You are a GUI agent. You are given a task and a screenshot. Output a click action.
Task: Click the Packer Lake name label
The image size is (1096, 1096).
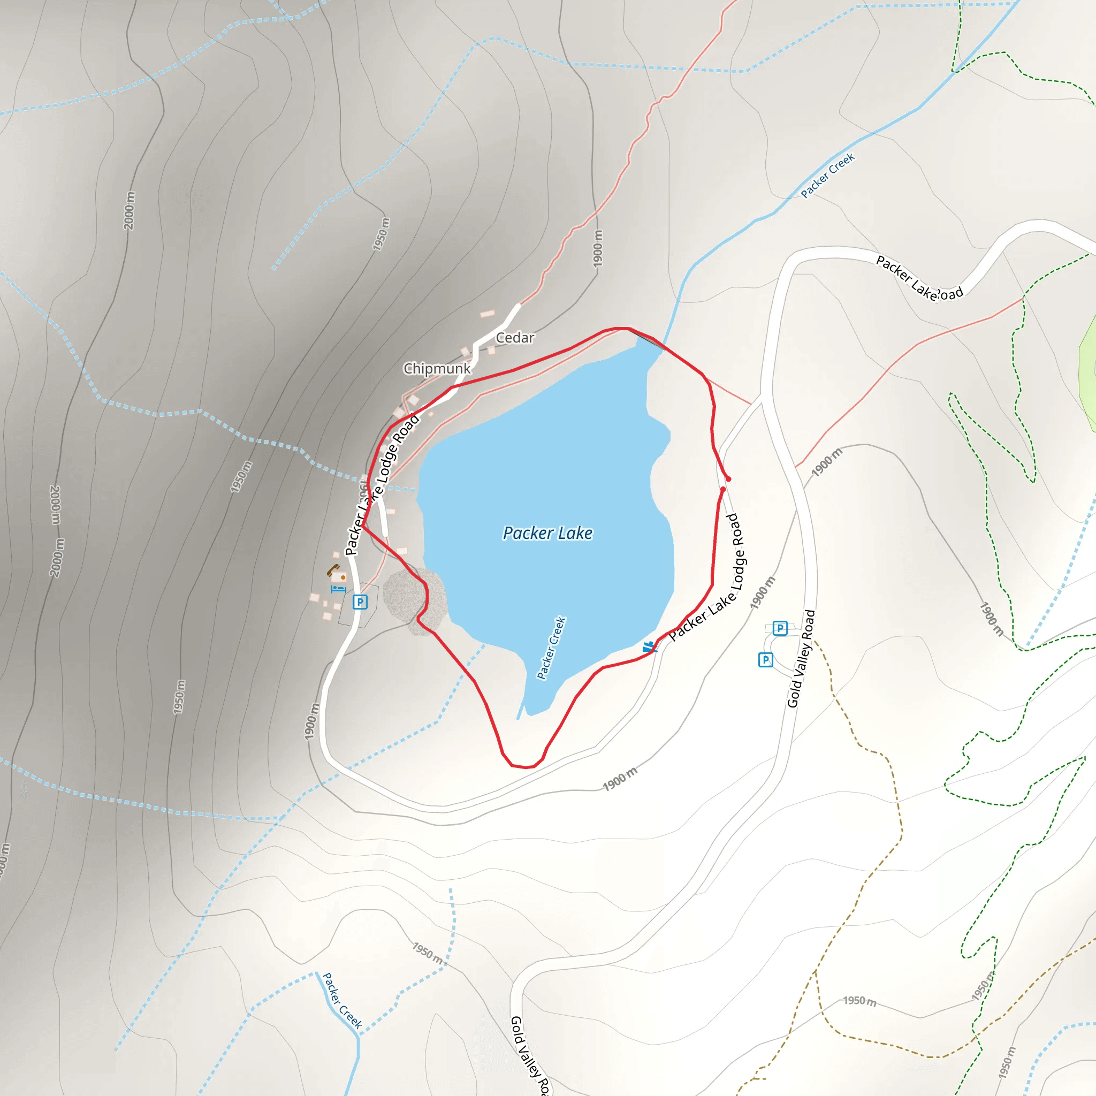(547, 533)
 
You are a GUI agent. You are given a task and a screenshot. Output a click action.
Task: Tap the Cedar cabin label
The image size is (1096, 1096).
(515, 338)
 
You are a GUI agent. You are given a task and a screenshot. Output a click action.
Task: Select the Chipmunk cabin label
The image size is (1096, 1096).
(437, 369)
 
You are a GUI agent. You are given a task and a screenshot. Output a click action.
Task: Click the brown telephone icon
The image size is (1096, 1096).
(332, 569)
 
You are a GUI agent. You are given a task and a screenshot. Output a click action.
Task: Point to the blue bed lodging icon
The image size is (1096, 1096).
(338, 589)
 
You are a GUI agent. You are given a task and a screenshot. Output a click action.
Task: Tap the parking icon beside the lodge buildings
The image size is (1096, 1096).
(360, 602)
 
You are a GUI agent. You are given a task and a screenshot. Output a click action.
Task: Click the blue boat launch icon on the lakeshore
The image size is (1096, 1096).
(649, 646)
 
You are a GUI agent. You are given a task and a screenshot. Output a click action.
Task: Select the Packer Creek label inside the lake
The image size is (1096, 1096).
(551, 648)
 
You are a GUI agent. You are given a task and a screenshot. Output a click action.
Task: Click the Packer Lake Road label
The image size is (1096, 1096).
(919, 278)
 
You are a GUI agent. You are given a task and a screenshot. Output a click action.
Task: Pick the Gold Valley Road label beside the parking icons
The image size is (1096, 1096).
(801, 659)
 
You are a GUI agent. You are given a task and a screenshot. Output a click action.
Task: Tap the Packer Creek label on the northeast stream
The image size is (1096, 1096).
(828, 176)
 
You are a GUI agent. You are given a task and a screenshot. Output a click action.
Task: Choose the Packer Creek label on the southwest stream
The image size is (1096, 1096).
(342, 1001)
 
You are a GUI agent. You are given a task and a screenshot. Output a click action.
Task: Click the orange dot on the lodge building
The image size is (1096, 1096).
(342, 577)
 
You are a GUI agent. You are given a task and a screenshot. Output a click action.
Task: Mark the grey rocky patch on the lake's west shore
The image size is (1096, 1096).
(414, 598)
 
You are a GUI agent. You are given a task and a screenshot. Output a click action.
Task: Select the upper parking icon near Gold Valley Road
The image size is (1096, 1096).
(780, 628)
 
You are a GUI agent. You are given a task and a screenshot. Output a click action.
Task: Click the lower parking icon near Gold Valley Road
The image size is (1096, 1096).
(765, 660)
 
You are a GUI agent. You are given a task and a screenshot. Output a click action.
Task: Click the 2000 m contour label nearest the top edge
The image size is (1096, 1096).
(130, 211)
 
